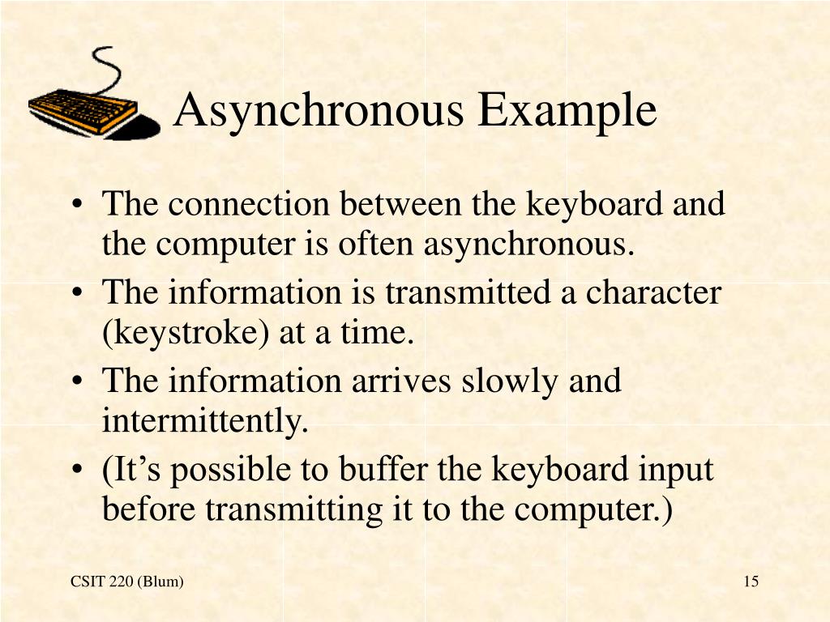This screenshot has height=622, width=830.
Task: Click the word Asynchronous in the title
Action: (x=321, y=111)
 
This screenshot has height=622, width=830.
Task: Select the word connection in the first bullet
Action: (x=249, y=204)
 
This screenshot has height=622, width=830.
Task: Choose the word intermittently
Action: (x=205, y=421)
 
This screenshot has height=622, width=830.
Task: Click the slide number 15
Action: (x=751, y=582)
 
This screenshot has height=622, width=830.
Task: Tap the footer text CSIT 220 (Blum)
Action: (x=127, y=582)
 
